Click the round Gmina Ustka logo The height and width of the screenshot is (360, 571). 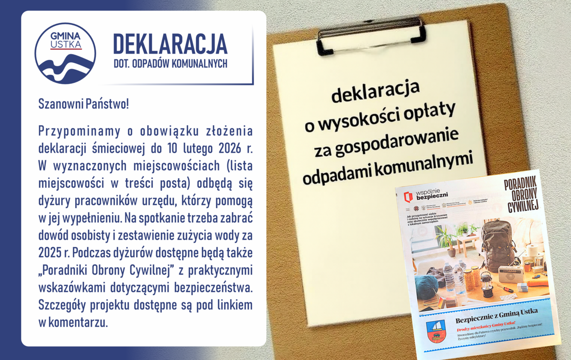pyautogui.click(x=66, y=53)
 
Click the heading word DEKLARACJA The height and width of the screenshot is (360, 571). pyautogui.click(x=170, y=44)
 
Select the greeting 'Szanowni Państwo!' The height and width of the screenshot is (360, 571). pyautogui.click(x=83, y=104)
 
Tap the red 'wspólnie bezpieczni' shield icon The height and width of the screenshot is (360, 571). pyautogui.click(x=408, y=197)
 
